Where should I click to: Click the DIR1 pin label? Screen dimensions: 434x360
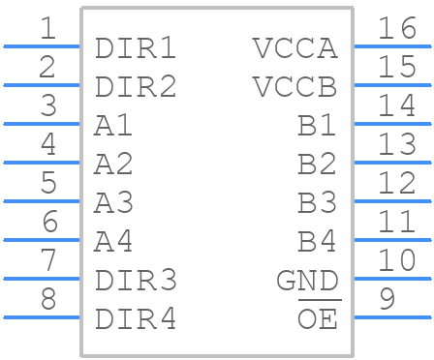point(136,48)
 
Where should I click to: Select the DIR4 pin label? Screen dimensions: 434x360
point(136,319)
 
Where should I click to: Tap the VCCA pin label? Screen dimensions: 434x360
point(295,48)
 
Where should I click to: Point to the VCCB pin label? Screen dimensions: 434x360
point(295,87)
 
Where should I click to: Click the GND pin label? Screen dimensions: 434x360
point(308,281)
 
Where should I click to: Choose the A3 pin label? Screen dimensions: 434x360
point(113,203)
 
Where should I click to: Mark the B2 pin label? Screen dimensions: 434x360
point(317,165)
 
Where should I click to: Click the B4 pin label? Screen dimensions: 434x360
point(317,242)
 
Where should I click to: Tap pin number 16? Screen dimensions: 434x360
point(397,28)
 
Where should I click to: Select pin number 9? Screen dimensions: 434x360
point(387,299)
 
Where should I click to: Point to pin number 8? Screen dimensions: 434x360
point(48,299)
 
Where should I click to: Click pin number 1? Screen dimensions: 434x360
point(48,28)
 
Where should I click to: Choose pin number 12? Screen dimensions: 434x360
point(397,183)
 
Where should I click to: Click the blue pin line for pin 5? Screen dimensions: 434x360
point(42,201)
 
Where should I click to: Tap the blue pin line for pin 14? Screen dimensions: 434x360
point(392,124)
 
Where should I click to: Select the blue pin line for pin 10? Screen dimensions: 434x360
point(392,279)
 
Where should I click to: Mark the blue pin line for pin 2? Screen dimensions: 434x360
point(42,85)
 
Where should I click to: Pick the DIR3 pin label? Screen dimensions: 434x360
point(136,281)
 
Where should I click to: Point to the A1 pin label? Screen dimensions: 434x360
point(113,126)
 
